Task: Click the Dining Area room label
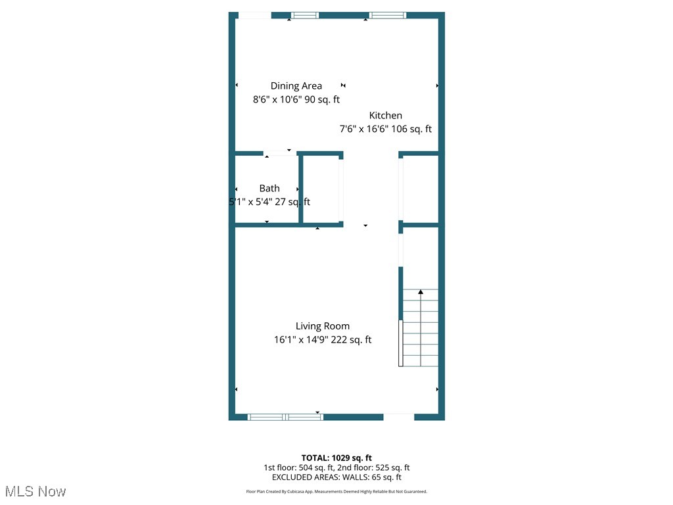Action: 296,85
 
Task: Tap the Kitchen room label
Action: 385,115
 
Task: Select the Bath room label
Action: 269,188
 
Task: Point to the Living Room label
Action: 322,325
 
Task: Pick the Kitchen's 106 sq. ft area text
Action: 411,129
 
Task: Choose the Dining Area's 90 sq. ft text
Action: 319,100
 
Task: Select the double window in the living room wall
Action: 286,416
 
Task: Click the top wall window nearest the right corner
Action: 387,15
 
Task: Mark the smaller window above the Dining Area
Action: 305,15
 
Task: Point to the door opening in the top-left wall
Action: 254,15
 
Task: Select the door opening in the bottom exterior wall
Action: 399,416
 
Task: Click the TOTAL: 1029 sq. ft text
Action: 336,458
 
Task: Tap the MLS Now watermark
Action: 35,491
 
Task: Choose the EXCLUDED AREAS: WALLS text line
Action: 336,477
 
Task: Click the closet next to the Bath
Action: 321,189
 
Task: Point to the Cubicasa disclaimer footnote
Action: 336,491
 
